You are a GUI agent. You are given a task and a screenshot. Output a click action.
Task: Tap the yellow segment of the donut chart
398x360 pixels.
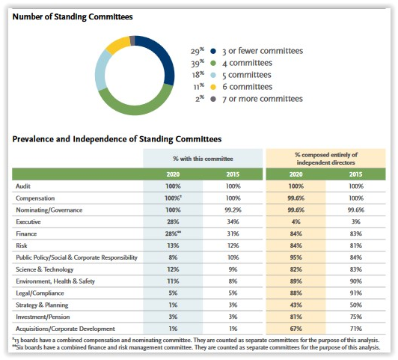(x=117, y=44)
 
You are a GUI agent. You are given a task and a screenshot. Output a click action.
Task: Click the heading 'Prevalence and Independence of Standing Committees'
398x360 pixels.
(x=117, y=139)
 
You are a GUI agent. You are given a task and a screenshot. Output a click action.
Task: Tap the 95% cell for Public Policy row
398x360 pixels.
(x=296, y=257)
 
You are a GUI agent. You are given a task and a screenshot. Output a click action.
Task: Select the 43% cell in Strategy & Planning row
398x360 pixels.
(x=296, y=305)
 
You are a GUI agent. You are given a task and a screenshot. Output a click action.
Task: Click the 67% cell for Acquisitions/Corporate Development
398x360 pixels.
(x=296, y=329)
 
